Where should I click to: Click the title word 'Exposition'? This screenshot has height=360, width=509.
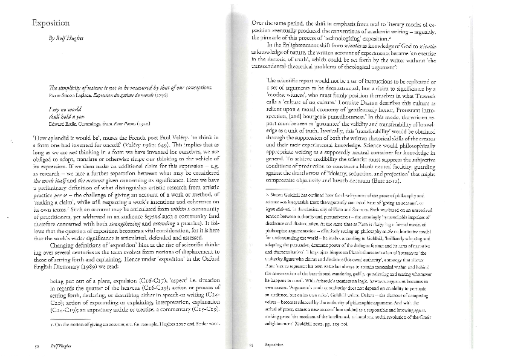coord(51,23)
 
